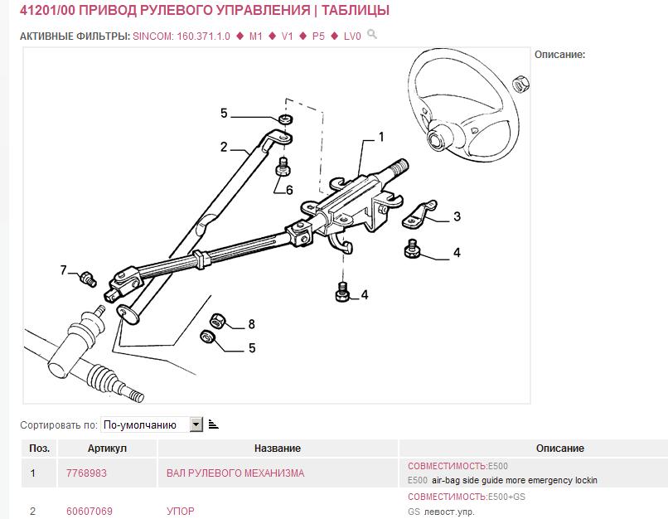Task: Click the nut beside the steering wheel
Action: [520, 83]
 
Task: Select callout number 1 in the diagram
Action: [381, 136]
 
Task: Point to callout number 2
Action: [224, 148]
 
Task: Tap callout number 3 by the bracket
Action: [457, 217]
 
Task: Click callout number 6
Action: [289, 190]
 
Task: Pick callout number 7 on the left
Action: [64, 270]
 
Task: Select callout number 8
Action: [251, 324]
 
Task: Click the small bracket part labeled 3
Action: [420, 214]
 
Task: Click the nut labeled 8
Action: [219, 320]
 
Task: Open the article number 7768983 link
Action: [86, 473]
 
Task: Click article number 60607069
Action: [90, 512]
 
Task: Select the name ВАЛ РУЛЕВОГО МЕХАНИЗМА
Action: [235, 473]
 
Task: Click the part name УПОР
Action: [181, 512]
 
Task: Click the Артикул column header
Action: [107, 449]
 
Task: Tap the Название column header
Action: [277, 449]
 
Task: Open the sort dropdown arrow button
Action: [196, 424]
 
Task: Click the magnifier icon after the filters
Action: [372, 35]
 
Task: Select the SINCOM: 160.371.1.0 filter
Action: [182, 36]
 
